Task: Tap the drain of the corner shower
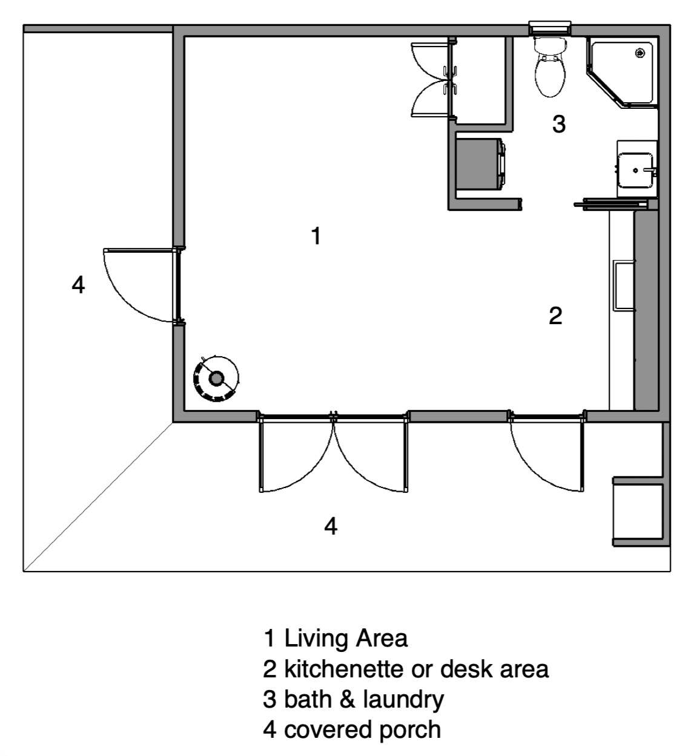pyautogui.click(x=639, y=53)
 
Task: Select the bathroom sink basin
pyautogui.click(x=635, y=170)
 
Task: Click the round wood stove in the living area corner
pyautogui.click(x=216, y=379)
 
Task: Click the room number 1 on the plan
pyautogui.click(x=315, y=236)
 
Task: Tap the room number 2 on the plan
pyautogui.click(x=555, y=315)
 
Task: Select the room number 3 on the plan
pyautogui.click(x=558, y=124)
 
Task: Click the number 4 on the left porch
pyautogui.click(x=78, y=284)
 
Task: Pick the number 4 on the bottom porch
pyautogui.click(x=330, y=526)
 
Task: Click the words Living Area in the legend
pyautogui.click(x=346, y=638)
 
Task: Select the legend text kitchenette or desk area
pyautogui.click(x=416, y=669)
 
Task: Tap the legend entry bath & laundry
pyautogui.click(x=363, y=699)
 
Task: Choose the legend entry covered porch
pyautogui.click(x=362, y=729)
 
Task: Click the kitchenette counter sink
pyautogui.click(x=624, y=285)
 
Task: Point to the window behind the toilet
pyautogui.click(x=550, y=28)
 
